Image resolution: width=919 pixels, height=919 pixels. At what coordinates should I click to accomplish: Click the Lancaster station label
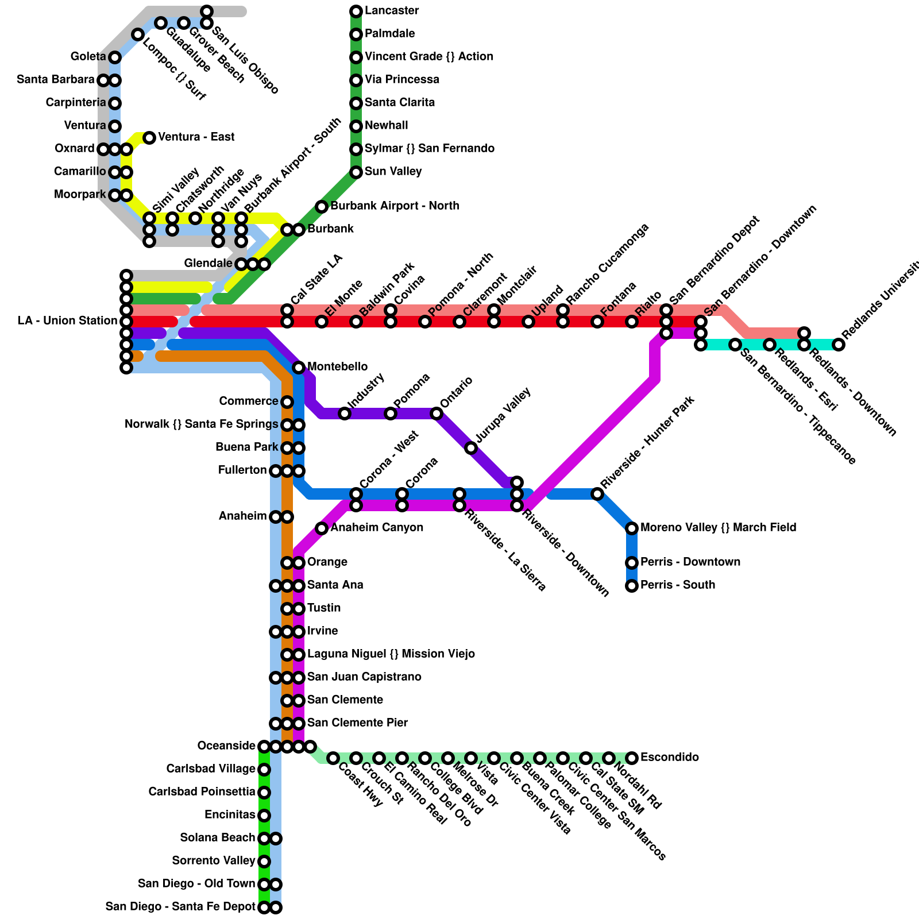[392, 11]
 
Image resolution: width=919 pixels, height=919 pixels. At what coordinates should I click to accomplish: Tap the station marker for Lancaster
[356, 11]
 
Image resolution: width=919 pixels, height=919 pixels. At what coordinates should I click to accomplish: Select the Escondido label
[670, 758]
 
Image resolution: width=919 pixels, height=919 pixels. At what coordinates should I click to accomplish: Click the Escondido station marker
[632, 758]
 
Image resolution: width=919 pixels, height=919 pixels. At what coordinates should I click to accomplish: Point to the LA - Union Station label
[67, 321]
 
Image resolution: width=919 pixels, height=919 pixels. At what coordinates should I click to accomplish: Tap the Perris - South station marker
[632, 586]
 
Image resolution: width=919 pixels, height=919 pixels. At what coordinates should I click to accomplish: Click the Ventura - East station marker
[149, 137]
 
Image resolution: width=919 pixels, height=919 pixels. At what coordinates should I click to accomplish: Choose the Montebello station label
[338, 367]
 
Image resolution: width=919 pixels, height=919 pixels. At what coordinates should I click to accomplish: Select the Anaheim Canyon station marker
[322, 528]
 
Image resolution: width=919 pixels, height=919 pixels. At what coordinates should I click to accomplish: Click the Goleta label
[88, 57]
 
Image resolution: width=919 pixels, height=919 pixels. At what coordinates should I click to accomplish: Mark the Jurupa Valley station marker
[471, 448]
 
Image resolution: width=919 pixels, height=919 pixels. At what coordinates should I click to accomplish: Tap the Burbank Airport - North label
[395, 206]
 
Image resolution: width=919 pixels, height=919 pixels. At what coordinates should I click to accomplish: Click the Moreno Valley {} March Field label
[718, 528]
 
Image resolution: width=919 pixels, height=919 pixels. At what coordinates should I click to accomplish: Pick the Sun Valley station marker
[356, 172]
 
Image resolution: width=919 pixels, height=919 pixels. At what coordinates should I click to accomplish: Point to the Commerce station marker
[287, 402]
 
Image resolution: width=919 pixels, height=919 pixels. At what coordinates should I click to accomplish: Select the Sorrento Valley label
[213, 861]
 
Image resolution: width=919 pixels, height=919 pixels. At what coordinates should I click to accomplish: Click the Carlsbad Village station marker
[264, 770]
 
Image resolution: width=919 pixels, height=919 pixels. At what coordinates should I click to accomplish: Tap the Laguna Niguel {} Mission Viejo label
[391, 654]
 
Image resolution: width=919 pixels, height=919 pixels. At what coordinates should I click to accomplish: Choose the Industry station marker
[345, 414]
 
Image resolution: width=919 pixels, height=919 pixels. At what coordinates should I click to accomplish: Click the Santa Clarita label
[400, 103]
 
